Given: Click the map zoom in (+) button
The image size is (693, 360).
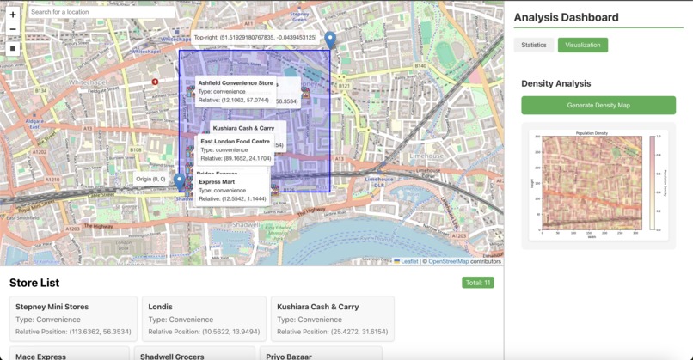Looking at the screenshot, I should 13,15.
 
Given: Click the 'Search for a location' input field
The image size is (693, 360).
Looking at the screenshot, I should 101,12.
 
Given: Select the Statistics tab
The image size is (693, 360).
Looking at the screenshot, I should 534,45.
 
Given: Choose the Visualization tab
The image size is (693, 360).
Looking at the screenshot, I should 582,45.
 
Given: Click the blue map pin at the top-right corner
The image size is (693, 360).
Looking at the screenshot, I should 330,40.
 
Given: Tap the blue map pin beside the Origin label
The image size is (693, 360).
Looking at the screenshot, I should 180,181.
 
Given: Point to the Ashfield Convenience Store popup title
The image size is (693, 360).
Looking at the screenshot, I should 236,83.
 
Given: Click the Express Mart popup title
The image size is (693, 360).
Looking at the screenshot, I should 217,182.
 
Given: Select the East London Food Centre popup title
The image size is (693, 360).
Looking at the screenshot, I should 236,142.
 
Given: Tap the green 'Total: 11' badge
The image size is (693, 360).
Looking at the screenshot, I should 477,283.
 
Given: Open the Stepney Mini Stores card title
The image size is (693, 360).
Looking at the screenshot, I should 52,307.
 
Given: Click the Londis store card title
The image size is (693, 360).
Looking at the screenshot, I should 160,307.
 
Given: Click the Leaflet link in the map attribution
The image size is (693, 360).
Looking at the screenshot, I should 409,261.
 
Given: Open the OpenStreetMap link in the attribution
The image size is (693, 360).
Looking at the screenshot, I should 449,261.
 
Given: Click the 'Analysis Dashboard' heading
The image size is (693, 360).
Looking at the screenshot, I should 566,17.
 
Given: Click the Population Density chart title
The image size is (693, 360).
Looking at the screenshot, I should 592,133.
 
